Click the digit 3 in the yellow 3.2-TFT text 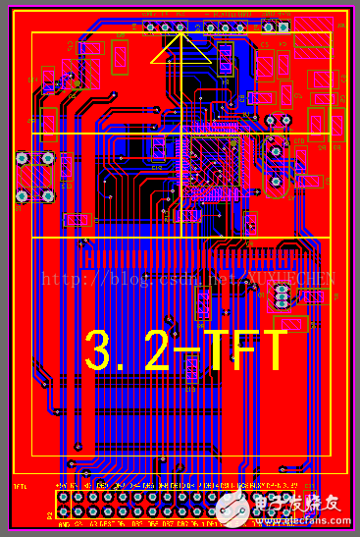tap(99, 349)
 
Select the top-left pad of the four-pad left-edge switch tap(22, 158)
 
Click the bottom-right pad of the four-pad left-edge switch tap(46, 194)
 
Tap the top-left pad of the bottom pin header tap(63, 498)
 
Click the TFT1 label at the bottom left tap(19, 486)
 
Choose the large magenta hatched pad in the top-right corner tap(314, 29)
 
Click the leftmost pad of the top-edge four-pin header tap(152, 27)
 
